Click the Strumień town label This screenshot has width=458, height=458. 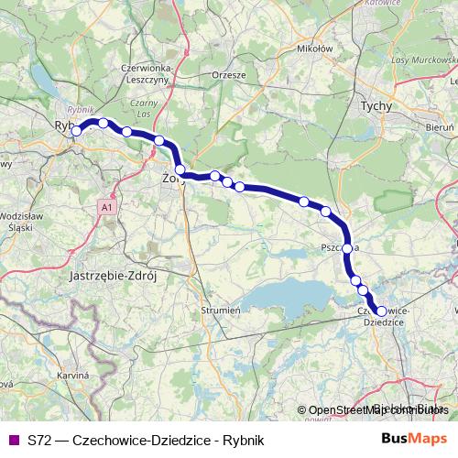(x=220, y=311)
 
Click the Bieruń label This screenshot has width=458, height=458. (x=441, y=123)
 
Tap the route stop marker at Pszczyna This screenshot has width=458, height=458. (x=347, y=248)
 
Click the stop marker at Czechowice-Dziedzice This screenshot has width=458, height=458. (x=382, y=311)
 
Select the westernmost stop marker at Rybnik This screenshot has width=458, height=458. (x=77, y=131)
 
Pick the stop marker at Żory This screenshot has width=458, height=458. (x=180, y=169)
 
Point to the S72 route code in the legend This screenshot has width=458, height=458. (x=39, y=439)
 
